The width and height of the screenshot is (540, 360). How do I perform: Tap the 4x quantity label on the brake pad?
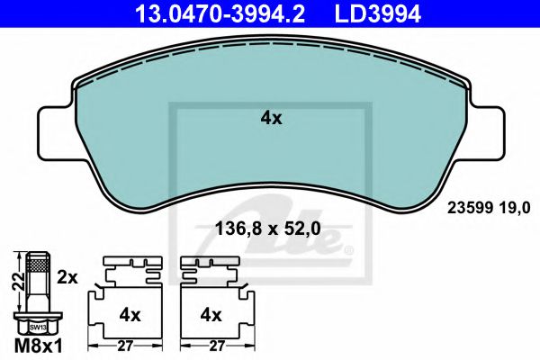coord(271,117)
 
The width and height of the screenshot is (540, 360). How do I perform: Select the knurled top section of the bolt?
coord(36,264)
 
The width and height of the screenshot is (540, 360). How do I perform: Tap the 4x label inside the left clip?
coord(130,315)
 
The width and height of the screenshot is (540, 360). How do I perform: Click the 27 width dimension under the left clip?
coord(125,344)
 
